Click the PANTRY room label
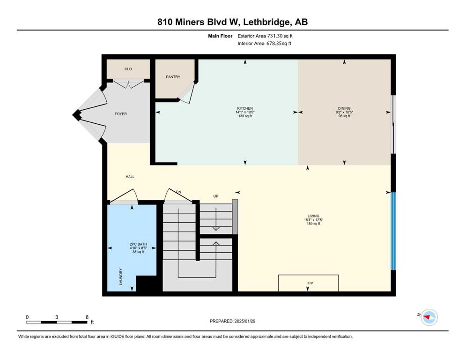[x=173, y=77]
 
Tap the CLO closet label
[x=128, y=69]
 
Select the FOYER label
[x=121, y=114]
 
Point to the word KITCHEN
[x=245, y=108]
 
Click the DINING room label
[x=344, y=108]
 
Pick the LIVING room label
[x=313, y=216]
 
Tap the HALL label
[x=130, y=177]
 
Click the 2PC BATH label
[x=138, y=244]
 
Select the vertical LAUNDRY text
[x=121, y=277]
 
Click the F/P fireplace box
[x=308, y=283]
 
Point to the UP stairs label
[x=216, y=196]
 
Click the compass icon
[x=429, y=317]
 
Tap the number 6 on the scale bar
[x=87, y=317]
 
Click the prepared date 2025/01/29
[x=245, y=321]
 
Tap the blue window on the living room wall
[x=393, y=231]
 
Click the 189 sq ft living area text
[x=313, y=224]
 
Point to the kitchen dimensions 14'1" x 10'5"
[x=245, y=112]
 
